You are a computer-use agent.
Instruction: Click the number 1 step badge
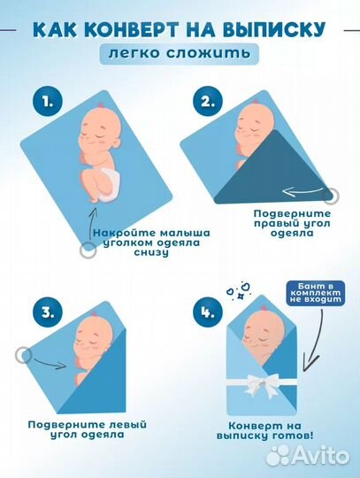[x=48, y=102]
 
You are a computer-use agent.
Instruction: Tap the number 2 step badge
[x=208, y=102]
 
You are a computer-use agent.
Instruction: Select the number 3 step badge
[x=48, y=312]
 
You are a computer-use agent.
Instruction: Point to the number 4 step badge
[x=208, y=312]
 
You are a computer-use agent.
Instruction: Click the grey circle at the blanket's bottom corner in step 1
[x=88, y=251]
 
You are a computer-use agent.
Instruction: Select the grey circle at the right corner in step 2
[x=331, y=196]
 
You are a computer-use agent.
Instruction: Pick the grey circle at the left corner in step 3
[x=24, y=355]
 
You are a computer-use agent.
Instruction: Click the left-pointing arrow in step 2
[x=303, y=191]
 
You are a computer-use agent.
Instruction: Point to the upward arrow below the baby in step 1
[x=91, y=225]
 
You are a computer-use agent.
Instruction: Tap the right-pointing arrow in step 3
[x=50, y=363]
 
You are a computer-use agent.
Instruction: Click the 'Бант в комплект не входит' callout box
[x=315, y=293]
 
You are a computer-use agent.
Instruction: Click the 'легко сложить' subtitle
[x=180, y=54]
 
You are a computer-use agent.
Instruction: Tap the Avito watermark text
[x=308, y=456]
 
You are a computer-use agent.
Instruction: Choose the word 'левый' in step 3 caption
[x=128, y=425]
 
